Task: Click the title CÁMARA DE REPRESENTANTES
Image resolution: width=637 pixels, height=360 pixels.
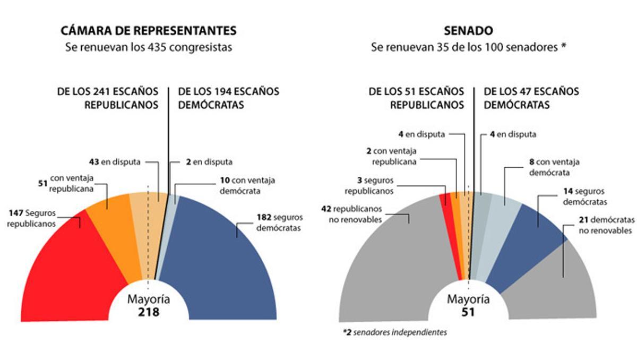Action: pyautogui.click(x=149, y=30)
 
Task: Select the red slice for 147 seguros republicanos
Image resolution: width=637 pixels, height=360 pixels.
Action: pyautogui.click(x=74, y=271)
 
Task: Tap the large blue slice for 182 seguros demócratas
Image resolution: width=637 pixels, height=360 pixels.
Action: pyautogui.click(x=223, y=265)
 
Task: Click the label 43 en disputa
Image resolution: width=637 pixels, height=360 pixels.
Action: pyautogui.click(x=115, y=162)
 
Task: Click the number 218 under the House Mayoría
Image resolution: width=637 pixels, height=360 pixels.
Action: pyautogui.click(x=149, y=312)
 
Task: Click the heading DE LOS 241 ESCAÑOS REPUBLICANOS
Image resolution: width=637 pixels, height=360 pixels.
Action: pyautogui.click(x=108, y=98)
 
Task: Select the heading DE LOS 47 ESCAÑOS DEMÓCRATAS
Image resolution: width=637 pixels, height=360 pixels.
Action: pyautogui.click(x=531, y=98)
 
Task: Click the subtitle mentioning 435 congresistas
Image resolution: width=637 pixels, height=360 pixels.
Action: pyautogui.click(x=149, y=47)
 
